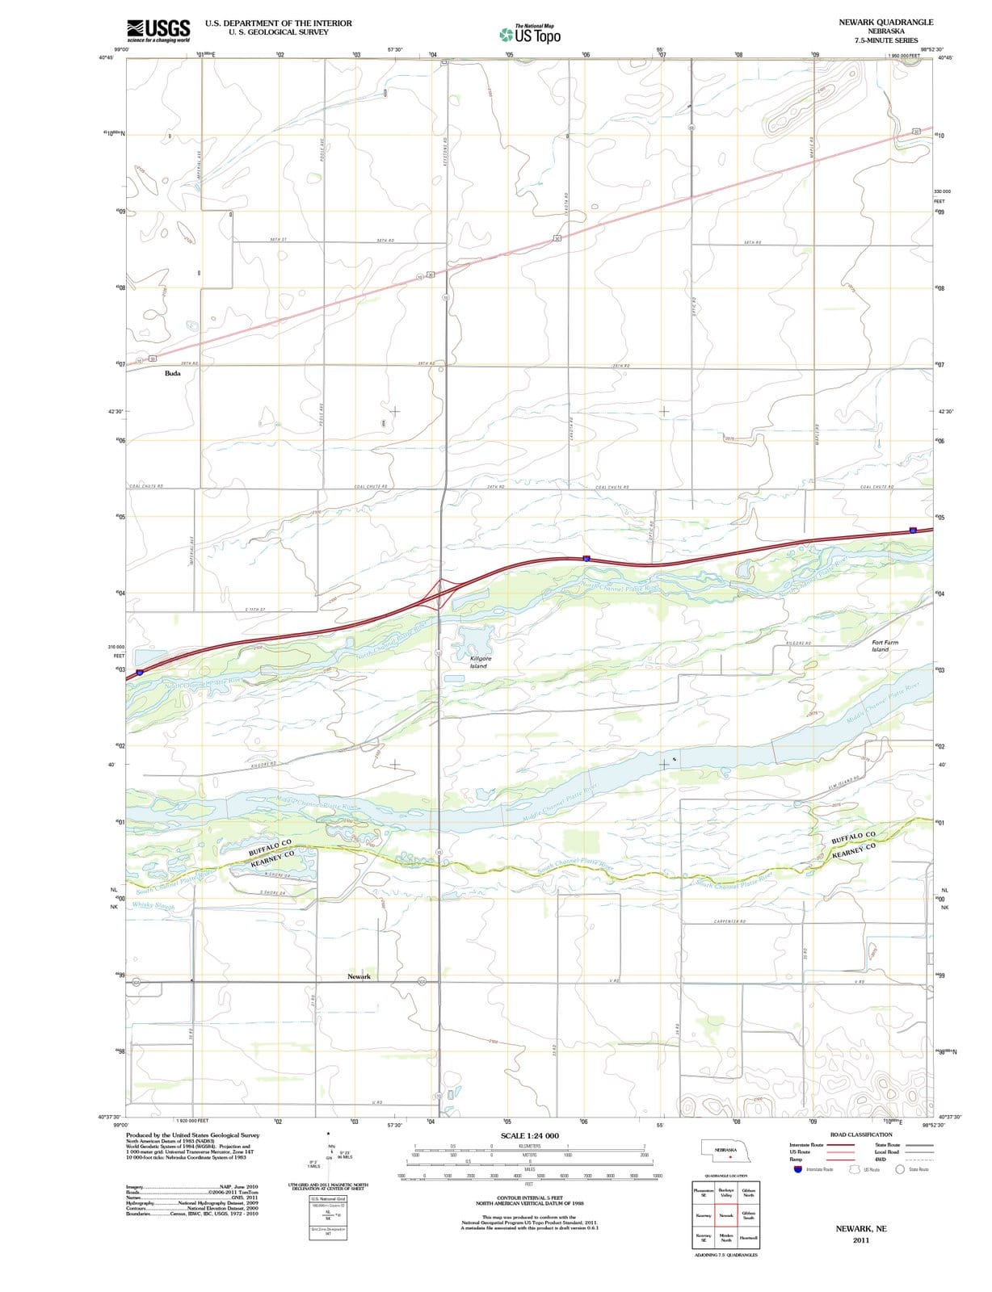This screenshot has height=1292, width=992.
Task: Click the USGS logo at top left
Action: pos(159,30)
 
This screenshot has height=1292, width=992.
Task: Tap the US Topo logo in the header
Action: pos(531,34)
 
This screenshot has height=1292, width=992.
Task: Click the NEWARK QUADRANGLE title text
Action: pos(885,22)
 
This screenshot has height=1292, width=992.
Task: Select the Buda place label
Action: pos(173,374)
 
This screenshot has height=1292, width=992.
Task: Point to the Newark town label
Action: pos(359,977)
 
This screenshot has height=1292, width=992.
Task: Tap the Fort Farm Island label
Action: pos(885,646)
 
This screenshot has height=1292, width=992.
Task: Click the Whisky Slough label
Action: pos(153,906)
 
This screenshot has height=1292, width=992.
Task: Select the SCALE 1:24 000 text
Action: pos(529,1135)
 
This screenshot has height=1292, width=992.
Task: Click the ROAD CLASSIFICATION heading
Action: pos(861,1135)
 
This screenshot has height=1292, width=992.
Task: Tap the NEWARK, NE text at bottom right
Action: pos(861,1228)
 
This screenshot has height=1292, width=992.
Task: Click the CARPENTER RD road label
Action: pos(729,921)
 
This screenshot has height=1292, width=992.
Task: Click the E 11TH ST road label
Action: pos(255,609)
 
